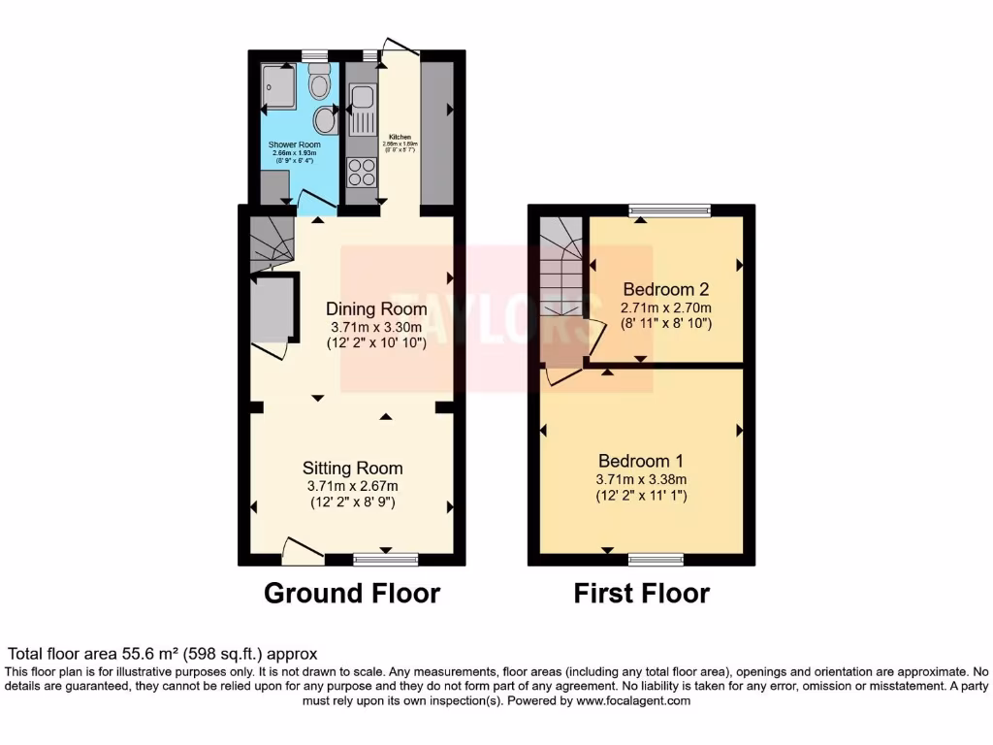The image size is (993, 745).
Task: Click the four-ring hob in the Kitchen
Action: coord(362,171)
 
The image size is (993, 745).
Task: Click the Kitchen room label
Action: coord(400,137)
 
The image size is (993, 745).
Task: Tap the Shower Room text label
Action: coord(294,144)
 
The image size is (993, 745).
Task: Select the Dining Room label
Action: coord(376,308)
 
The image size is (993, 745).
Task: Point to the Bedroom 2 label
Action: coord(666,289)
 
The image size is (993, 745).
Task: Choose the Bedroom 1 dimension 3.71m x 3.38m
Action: coord(641,478)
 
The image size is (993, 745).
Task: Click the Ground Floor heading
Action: coord(351,593)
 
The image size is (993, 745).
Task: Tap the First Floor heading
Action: coord(641,593)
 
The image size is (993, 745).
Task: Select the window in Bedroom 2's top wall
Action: coord(669,210)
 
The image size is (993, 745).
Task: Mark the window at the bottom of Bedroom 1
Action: coord(656,560)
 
